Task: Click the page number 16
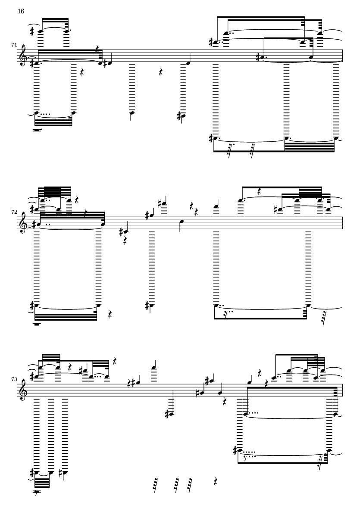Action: tap(21, 11)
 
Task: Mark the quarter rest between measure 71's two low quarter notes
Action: tap(160, 73)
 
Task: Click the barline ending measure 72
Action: tap(342, 225)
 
